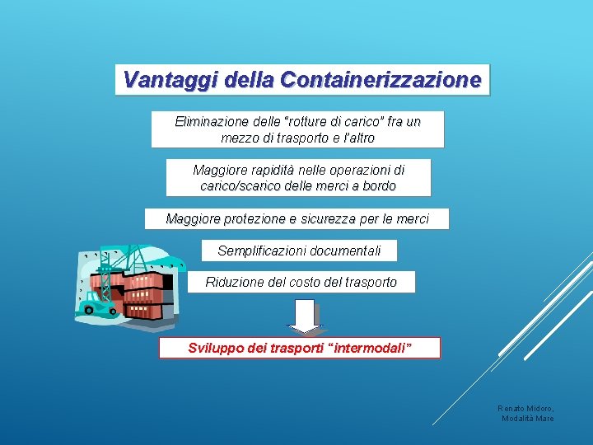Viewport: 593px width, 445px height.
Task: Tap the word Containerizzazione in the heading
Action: [381, 80]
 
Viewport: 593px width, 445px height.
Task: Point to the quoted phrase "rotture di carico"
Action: [334, 122]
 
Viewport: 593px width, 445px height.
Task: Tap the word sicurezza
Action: [335, 219]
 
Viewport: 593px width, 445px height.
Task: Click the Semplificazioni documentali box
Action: [299, 251]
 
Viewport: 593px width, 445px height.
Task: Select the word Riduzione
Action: [234, 282]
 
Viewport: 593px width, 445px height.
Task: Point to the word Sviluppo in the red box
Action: [216, 348]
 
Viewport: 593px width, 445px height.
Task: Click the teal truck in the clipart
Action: [96, 307]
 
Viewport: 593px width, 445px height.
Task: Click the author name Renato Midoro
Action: [525, 408]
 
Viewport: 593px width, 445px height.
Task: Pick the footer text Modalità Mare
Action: [528, 419]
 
